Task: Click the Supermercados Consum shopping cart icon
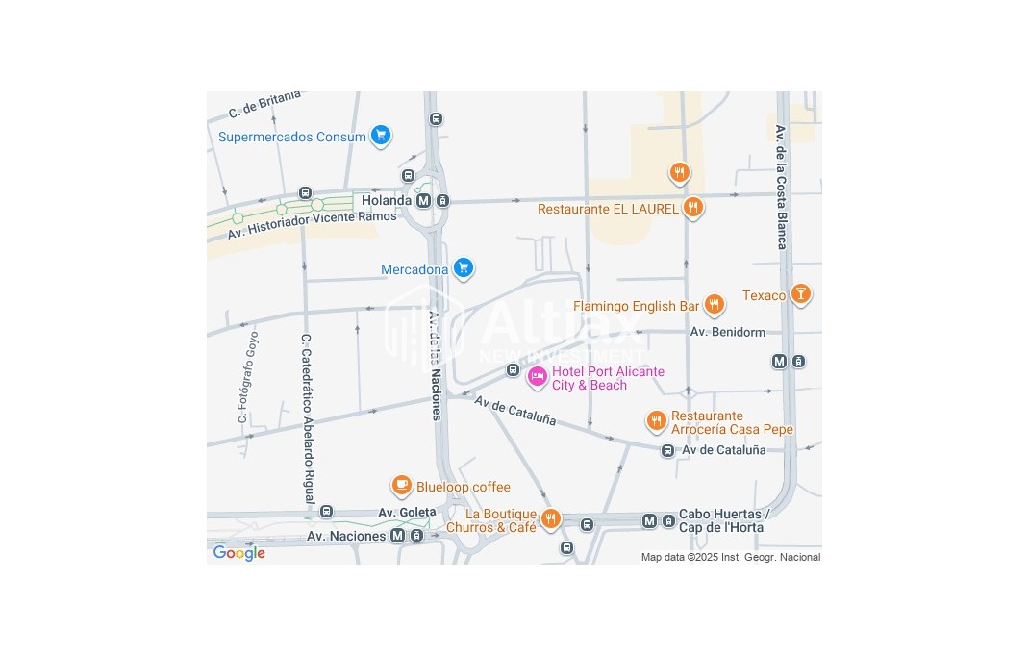pos(381,136)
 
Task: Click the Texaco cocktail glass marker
pos(800,294)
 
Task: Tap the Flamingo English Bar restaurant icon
pos(714,305)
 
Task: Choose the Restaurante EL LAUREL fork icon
pos(692,207)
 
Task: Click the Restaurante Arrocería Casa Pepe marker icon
pos(656,420)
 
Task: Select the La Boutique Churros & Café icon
pos(550,519)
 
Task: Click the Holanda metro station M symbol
pos(424,200)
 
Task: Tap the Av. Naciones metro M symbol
pos(398,536)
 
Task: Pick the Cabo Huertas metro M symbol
pos(649,520)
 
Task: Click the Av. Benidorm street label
pos(728,332)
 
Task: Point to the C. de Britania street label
pos(264,104)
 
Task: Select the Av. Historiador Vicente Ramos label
pos(312,225)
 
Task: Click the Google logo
pos(238,553)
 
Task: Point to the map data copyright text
pos(731,557)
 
